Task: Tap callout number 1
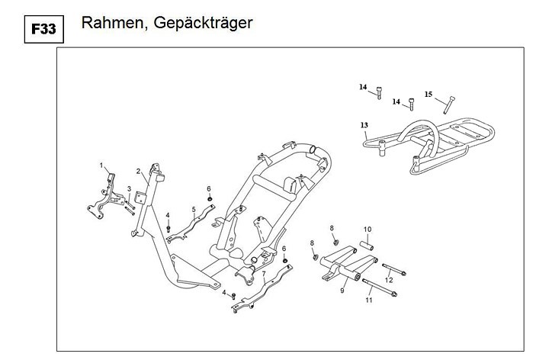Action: coord(101,166)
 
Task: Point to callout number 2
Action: coord(138,171)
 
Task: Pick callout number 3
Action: coord(129,189)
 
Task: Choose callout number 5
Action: coord(194,209)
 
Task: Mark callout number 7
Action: coord(263,274)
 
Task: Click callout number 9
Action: coord(342,290)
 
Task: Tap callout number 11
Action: coord(368,301)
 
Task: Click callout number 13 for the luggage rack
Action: coord(364,124)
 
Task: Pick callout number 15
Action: coord(428,95)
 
